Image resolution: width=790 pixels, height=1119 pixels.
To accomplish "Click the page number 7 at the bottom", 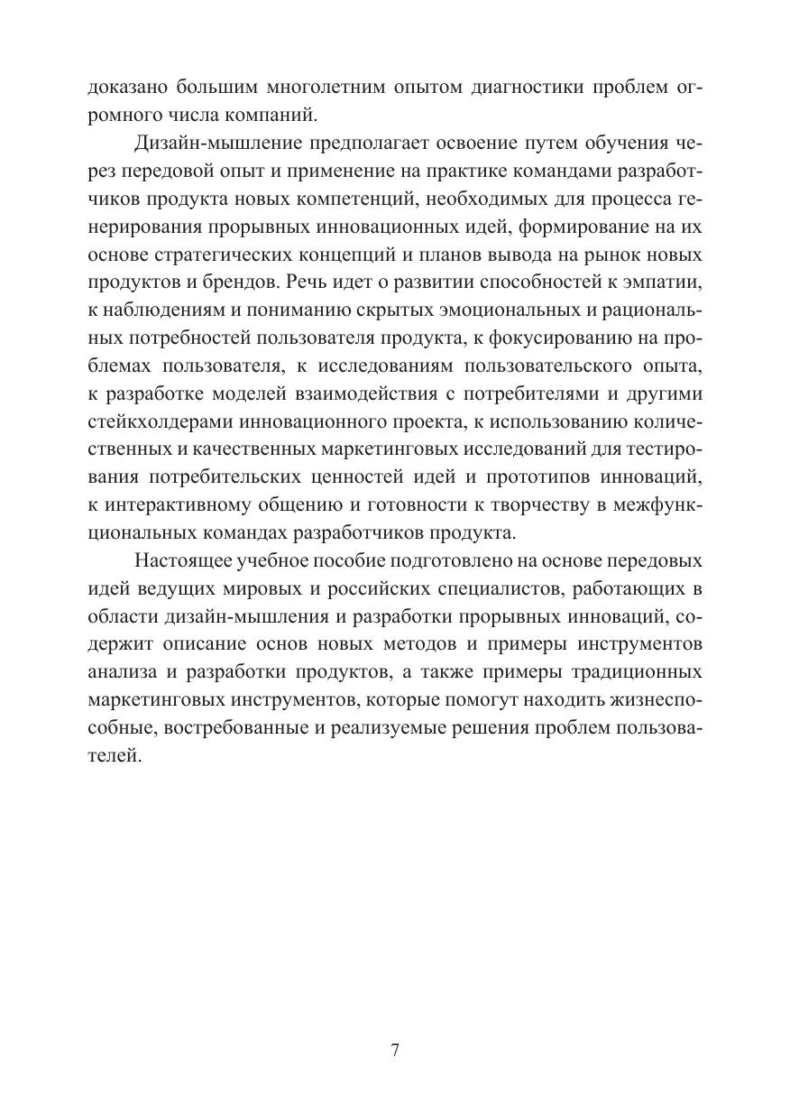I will click(x=395, y=1050).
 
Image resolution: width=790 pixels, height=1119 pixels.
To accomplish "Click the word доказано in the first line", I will click(x=125, y=88).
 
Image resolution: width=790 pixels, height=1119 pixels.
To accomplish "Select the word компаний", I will click(x=271, y=116).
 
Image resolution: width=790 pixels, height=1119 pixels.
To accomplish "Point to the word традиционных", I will click(x=631, y=675).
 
